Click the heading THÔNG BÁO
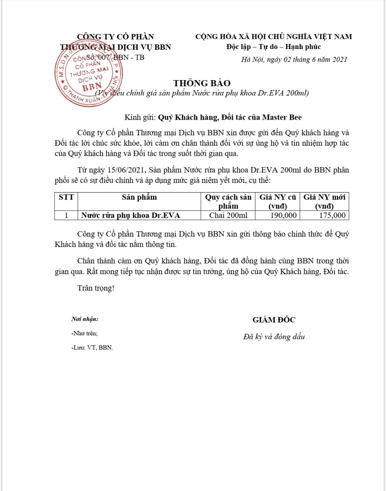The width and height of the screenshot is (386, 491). pos(202,83)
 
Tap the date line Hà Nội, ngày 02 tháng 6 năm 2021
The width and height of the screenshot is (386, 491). pos(294,59)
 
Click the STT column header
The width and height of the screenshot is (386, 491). pos(66,198)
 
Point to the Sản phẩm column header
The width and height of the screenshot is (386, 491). pos(140,198)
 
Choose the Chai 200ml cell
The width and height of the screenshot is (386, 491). pos(228,216)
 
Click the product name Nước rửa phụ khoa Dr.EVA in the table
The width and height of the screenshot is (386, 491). pos(130,216)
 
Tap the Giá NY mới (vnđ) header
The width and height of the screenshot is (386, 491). pos(324,202)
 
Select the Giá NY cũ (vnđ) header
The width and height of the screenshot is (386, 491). pos(278,202)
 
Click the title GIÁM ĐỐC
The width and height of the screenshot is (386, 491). pos(274,320)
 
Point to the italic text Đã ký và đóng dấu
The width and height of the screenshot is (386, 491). pos(274,337)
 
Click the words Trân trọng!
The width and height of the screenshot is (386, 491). pos(95,288)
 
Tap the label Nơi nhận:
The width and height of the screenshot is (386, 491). pos(85,319)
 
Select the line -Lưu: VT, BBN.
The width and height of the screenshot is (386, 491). pos(92,348)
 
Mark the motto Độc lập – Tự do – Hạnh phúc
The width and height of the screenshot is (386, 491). pos(273,47)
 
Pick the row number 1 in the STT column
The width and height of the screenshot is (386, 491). pos(66,216)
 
